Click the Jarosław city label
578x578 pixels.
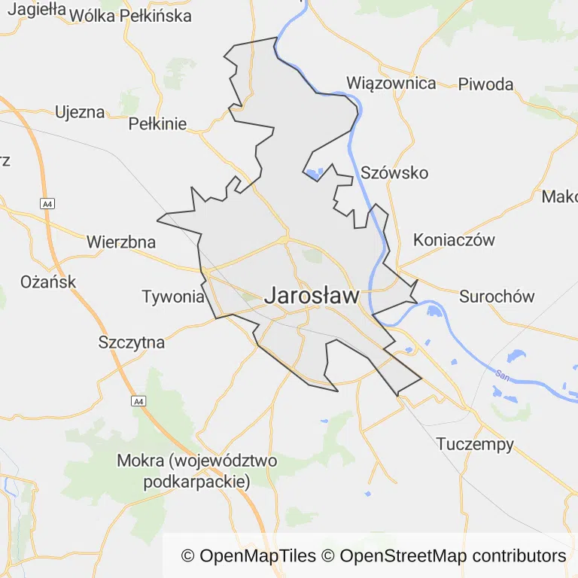312,297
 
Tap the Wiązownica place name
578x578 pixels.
391,83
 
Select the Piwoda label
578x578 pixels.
485,84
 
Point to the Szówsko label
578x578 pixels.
394,173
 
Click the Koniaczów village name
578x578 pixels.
454,241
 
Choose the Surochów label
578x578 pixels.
497,296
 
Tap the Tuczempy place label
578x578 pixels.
475,444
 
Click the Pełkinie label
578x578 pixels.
157,124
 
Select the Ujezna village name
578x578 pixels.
80,113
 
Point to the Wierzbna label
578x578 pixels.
121,242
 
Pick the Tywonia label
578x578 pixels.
173,297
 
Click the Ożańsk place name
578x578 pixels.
48,282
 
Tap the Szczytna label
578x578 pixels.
132,342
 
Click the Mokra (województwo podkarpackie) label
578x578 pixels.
197,470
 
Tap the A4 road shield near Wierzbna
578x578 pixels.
48,203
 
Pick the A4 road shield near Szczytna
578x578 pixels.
138,401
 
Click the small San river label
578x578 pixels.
500,374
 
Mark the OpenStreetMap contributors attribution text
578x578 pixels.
452,556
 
